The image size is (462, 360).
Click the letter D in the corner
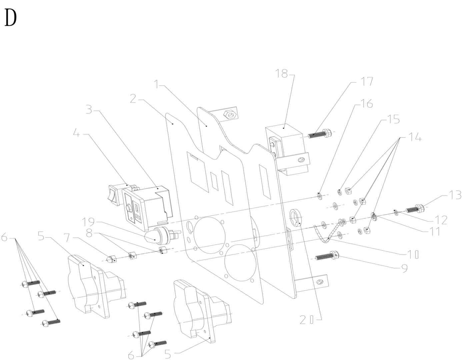coord(10,18)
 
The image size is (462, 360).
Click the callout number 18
coord(282,74)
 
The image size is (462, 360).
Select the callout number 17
coord(367,82)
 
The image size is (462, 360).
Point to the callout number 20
coord(307,320)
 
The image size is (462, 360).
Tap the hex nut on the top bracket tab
coord(230,115)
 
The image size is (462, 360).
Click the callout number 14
coord(415,137)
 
